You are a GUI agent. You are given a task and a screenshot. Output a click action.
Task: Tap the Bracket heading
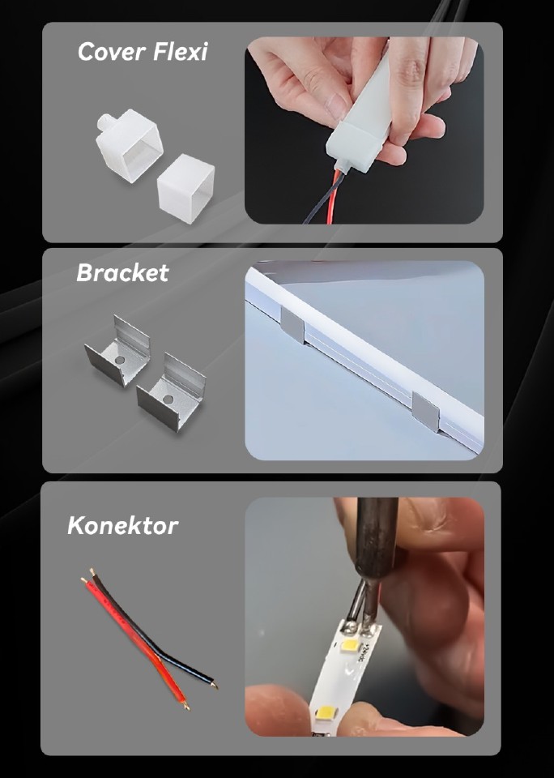(122, 273)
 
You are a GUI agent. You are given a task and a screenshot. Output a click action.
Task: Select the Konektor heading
(122, 525)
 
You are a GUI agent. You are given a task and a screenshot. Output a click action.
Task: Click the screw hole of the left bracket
(119, 357)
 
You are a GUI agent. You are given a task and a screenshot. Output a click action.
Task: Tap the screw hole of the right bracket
(169, 398)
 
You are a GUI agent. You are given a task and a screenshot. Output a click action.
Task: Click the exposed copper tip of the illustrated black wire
(214, 686)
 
